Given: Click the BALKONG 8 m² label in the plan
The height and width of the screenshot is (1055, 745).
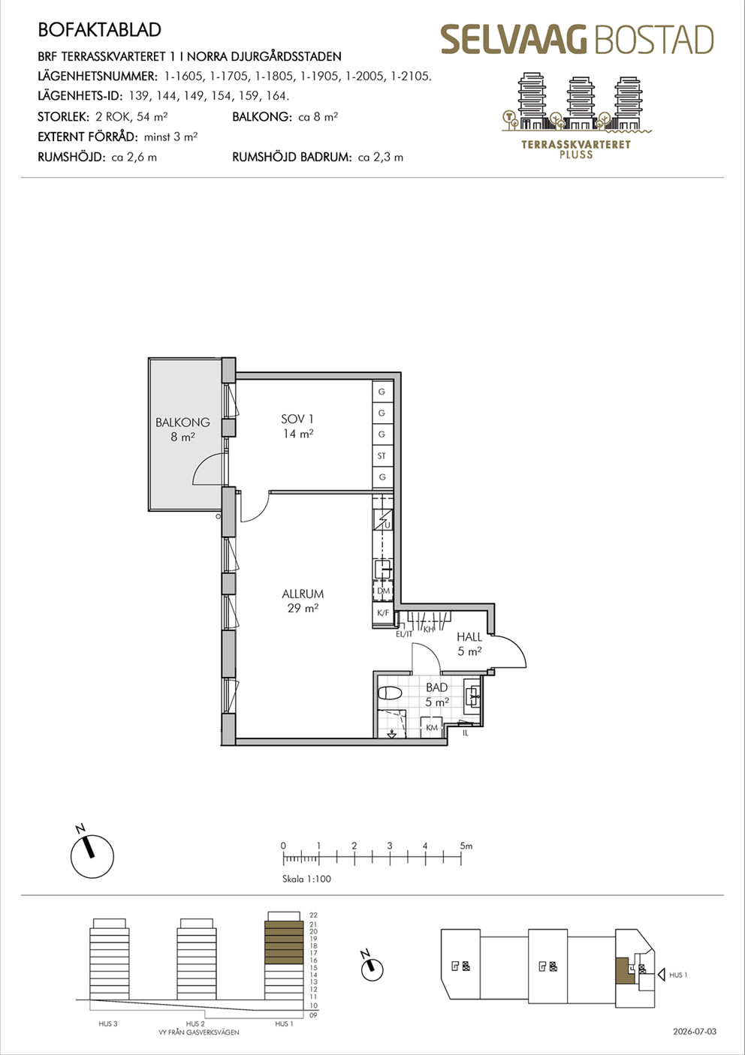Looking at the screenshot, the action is [182, 429].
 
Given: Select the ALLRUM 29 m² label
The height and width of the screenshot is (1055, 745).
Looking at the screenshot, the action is [303, 600].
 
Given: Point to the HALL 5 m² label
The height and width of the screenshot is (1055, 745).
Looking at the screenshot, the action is [469, 644].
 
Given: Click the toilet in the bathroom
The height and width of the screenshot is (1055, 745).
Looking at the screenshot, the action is [390, 693].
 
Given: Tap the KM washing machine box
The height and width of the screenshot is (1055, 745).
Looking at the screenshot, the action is [432, 728].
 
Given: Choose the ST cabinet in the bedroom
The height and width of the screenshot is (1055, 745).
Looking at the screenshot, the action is [382, 455].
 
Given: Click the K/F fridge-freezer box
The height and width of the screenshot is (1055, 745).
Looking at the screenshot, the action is [383, 613].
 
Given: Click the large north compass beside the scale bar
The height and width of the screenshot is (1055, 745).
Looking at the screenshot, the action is [92, 857].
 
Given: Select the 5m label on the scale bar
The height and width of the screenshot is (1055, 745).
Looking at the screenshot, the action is [466, 846].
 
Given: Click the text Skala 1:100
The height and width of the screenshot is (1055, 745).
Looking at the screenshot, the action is [306, 879].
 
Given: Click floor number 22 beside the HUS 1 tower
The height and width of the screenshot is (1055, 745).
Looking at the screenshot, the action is [313, 915].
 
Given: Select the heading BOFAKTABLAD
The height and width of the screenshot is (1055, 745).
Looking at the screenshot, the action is [99, 30].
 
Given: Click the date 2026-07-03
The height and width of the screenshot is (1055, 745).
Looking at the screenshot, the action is [695, 1032].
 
